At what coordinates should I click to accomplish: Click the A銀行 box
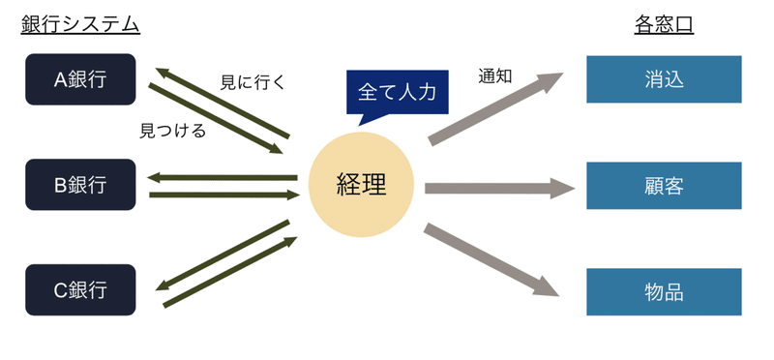point(80,78)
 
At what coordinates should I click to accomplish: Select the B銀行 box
point(80,185)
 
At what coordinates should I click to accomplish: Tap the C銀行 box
point(80,288)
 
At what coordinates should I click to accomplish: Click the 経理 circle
point(361,184)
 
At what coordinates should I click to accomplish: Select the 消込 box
point(664,78)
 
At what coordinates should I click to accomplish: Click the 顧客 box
point(664,185)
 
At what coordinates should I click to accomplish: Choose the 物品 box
point(664,290)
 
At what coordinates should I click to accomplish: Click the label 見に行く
point(253,82)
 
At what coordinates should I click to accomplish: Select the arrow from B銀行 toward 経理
point(223,195)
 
